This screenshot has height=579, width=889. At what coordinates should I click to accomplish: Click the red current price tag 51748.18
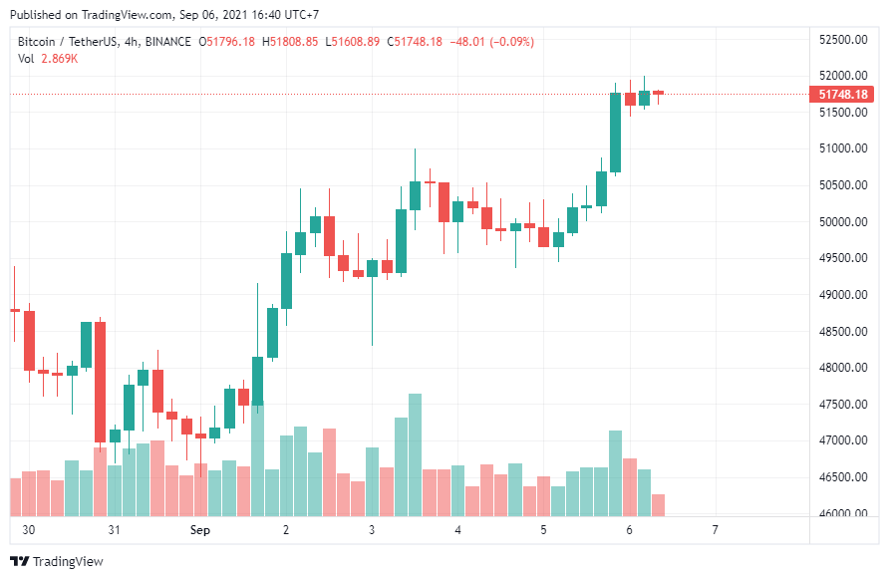pyautogui.click(x=841, y=94)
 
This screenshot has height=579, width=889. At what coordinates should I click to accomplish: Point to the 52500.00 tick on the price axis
pyautogui.click(x=843, y=40)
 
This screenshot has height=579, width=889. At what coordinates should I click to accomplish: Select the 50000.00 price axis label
pyautogui.click(x=843, y=221)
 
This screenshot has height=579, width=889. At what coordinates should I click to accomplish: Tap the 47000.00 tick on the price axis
pyautogui.click(x=843, y=440)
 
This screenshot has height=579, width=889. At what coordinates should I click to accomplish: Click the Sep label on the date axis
pyautogui.click(x=200, y=529)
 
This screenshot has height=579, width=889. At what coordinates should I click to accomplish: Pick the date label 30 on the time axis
pyautogui.click(x=28, y=529)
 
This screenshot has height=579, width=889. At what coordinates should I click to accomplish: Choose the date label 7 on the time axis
pyautogui.click(x=715, y=529)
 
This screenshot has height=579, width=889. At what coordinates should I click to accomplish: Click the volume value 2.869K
pyautogui.click(x=60, y=59)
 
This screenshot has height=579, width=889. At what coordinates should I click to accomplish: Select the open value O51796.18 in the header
pyautogui.click(x=227, y=42)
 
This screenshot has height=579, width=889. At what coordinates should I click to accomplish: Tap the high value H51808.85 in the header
pyautogui.click(x=290, y=42)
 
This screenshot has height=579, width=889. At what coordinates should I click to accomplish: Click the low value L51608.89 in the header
pyautogui.click(x=352, y=42)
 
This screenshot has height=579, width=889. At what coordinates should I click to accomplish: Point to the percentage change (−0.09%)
pyautogui.click(x=512, y=42)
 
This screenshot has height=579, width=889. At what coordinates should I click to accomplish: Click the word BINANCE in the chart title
pyautogui.click(x=167, y=42)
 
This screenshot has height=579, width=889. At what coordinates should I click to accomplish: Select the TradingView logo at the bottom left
pyautogui.click(x=57, y=561)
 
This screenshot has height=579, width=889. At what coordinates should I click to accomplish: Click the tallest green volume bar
pyautogui.click(x=415, y=454)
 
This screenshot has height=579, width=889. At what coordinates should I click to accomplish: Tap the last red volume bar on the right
pyautogui.click(x=658, y=505)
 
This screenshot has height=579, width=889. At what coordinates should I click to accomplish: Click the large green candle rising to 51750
pyautogui.click(x=615, y=133)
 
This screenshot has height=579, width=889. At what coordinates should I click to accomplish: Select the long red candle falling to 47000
pyautogui.click(x=100, y=383)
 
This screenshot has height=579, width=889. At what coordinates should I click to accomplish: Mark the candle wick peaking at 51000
pyautogui.click(x=415, y=165)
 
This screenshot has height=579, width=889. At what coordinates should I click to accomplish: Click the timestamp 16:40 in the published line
pyautogui.click(x=266, y=15)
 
